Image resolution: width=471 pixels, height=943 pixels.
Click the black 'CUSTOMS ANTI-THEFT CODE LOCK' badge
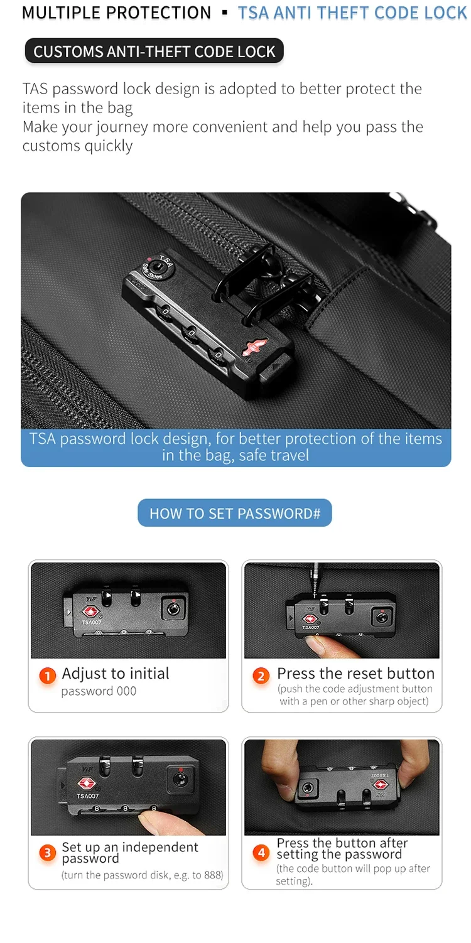[x=154, y=51]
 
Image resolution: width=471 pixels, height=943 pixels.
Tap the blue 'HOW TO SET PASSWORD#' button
[x=235, y=513]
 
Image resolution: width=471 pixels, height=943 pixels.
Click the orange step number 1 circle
[x=48, y=676]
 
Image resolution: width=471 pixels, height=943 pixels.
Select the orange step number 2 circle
[x=261, y=676]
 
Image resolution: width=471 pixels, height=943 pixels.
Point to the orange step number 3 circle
[x=48, y=853]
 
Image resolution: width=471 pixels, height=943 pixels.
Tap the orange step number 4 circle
[x=261, y=853]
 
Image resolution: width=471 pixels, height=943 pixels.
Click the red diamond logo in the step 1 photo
[x=90, y=612]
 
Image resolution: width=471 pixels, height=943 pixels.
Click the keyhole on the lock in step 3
[x=181, y=779]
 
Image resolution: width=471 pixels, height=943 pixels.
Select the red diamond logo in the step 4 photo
[x=380, y=785]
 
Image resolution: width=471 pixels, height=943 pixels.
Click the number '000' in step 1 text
[x=126, y=691]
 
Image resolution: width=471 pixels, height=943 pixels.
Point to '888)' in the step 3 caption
[x=214, y=875]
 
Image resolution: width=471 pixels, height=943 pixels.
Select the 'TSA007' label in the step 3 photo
[x=87, y=795]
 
